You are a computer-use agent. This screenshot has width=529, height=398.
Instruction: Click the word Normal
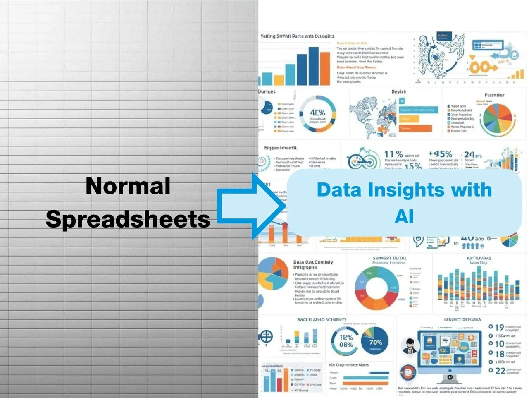pos(128,186)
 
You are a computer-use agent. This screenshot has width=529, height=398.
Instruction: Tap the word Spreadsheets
pos(128,219)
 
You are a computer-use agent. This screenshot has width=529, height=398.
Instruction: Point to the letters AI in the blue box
pos(404,216)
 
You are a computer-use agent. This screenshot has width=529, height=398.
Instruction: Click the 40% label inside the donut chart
pos(317,113)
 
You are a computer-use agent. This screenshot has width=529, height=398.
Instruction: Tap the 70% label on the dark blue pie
pos(375,342)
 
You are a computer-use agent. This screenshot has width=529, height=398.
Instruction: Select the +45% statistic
pos(440,154)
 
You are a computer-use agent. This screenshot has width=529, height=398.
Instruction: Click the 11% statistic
pos(393,154)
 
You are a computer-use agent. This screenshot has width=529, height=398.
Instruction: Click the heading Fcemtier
pos(494,95)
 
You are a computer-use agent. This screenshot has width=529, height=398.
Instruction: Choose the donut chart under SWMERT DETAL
pos(376,288)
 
